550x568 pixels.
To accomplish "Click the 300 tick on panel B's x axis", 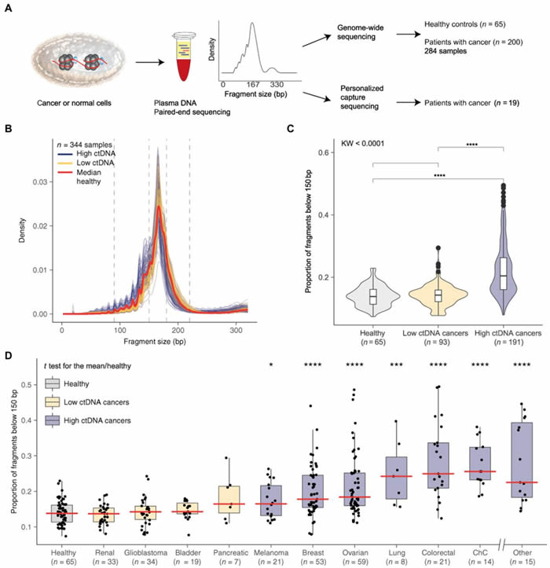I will [233, 324].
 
